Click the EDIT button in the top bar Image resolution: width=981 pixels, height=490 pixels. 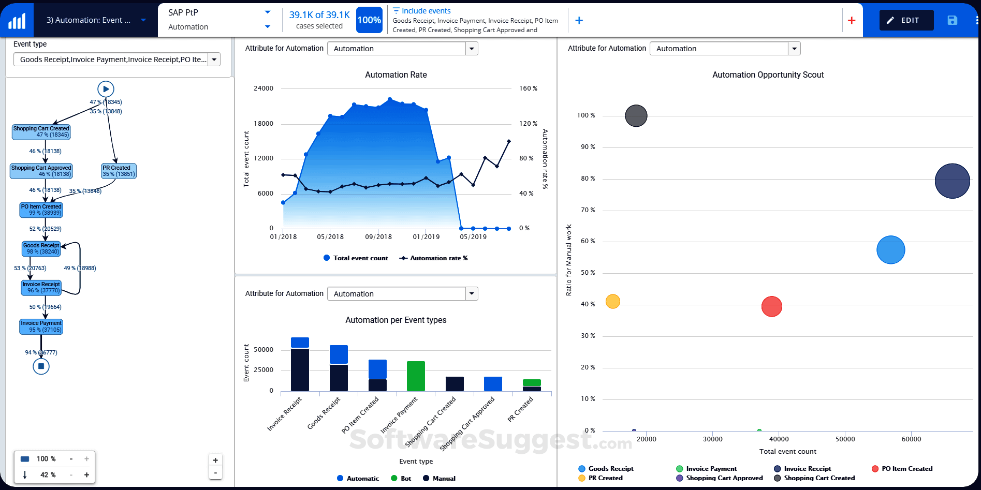pos(906,20)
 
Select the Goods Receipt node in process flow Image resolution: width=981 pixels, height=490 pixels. pos(41,249)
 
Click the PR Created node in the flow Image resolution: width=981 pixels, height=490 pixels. pos(119,171)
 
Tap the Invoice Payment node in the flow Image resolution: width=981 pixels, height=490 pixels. pos(41,326)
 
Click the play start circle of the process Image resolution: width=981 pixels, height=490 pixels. pos(106,89)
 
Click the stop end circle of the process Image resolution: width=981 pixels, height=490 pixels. pos(41,366)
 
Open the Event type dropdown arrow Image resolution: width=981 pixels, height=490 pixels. pos(214,60)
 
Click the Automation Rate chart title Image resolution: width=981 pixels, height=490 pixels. pos(396,75)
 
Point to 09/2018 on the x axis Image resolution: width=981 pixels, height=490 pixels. pos(378,237)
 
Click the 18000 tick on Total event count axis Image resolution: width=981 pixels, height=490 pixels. pos(263,124)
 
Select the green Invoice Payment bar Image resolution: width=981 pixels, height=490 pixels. pos(416,376)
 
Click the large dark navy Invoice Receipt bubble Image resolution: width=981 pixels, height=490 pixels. pos(952,181)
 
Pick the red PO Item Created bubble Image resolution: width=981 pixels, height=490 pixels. pos(771,306)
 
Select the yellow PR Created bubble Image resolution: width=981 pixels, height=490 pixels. pos(612,301)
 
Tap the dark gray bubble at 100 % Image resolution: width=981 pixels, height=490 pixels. pos(636,116)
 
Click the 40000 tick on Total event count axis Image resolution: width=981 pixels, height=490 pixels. pos(779,439)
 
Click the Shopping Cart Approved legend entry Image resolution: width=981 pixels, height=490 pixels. pos(724,478)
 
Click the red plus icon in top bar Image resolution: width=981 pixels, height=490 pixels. pos(852,20)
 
